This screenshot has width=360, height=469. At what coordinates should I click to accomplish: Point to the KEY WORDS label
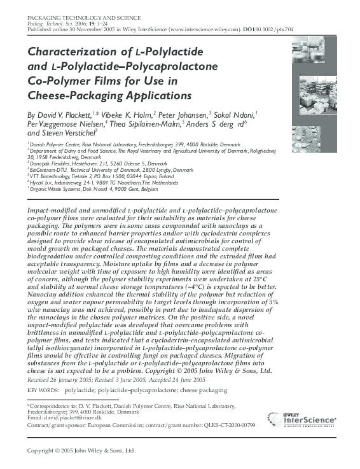click(41, 389)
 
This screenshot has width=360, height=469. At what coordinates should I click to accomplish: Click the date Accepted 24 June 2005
click(174, 379)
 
